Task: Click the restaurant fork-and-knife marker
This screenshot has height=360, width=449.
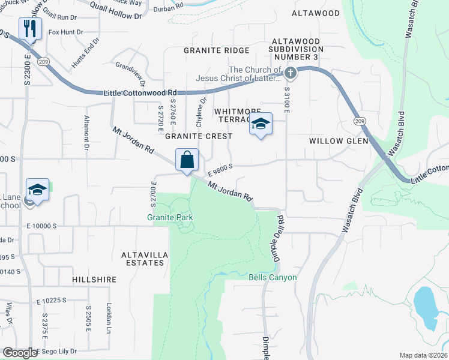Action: tap(29, 28)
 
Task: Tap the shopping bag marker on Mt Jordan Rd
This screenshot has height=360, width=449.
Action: tap(187, 160)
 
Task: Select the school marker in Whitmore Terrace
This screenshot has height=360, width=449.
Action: tap(261, 124)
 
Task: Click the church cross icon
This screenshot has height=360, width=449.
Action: tap(291, 74)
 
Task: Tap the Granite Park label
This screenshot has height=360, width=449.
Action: tap(170, 217)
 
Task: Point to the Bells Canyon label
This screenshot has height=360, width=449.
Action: tap(273, 277)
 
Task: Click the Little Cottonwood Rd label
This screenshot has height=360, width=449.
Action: tap(140, 92)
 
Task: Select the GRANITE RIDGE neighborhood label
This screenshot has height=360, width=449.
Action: tap(216, 50)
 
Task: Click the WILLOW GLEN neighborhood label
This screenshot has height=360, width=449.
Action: tap(334, 140)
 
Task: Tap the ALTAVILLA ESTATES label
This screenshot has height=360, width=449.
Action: tap(143, 259)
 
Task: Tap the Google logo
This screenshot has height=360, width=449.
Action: tap(19, 353)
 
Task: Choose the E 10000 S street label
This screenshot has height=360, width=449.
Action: tap(41, 226)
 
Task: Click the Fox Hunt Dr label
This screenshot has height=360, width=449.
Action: tap(65, 32)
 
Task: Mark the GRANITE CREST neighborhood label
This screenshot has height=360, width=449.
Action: tap(199, 136)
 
